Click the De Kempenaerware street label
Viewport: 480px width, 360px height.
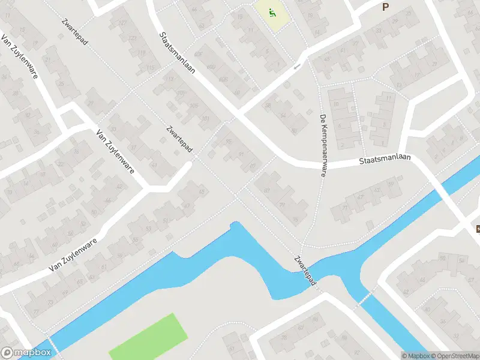[x=323, y=146]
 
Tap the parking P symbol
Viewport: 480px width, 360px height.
[x=385, y=7]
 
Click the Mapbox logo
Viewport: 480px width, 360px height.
[x=26, y=353]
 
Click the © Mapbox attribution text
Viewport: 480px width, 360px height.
[x=416, y=356]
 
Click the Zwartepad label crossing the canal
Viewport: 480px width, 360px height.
[x=305, y=270]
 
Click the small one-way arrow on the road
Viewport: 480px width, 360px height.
[x=296, y=67]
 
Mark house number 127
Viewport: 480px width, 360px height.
[x=122, y=23]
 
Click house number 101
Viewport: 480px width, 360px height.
[x=206, y=118]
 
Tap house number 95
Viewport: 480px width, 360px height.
[x=228, y=142]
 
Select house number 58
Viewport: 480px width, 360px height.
[x=268, y=105]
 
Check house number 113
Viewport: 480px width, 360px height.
[x=169, y=79]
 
